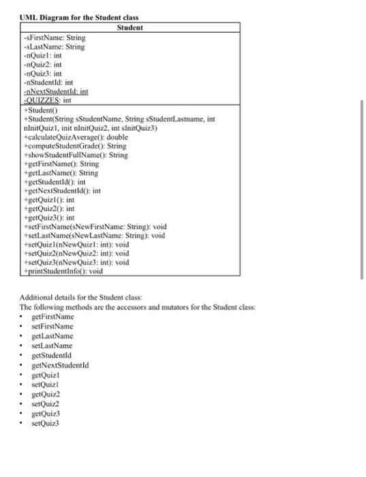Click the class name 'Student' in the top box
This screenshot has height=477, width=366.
129,28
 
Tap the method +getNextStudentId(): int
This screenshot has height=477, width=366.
61,191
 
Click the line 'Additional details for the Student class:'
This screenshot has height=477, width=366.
80,298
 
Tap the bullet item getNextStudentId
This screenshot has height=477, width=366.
61,365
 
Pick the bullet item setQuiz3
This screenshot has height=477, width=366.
46,422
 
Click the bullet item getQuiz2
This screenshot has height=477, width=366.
46,394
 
